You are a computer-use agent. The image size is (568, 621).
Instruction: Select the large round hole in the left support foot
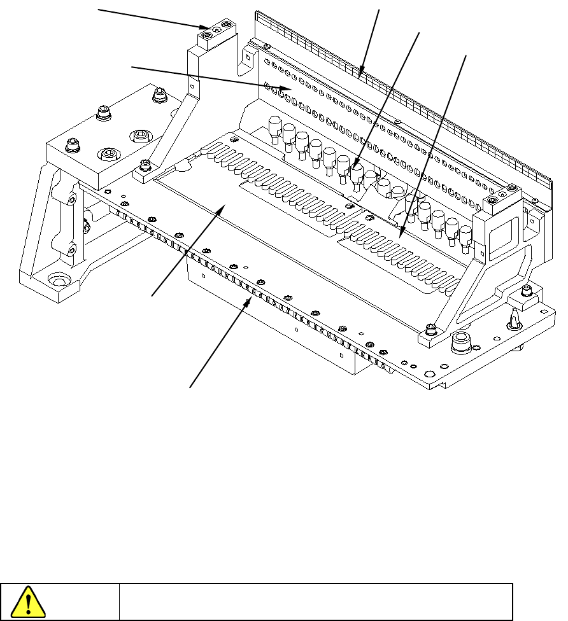click(60, 279)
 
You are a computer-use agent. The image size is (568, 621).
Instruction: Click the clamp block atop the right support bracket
click(501, 202)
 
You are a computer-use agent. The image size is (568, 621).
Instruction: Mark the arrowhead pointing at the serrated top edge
click(362, 74)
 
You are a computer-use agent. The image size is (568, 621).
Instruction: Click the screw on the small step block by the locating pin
click(526, 291)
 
